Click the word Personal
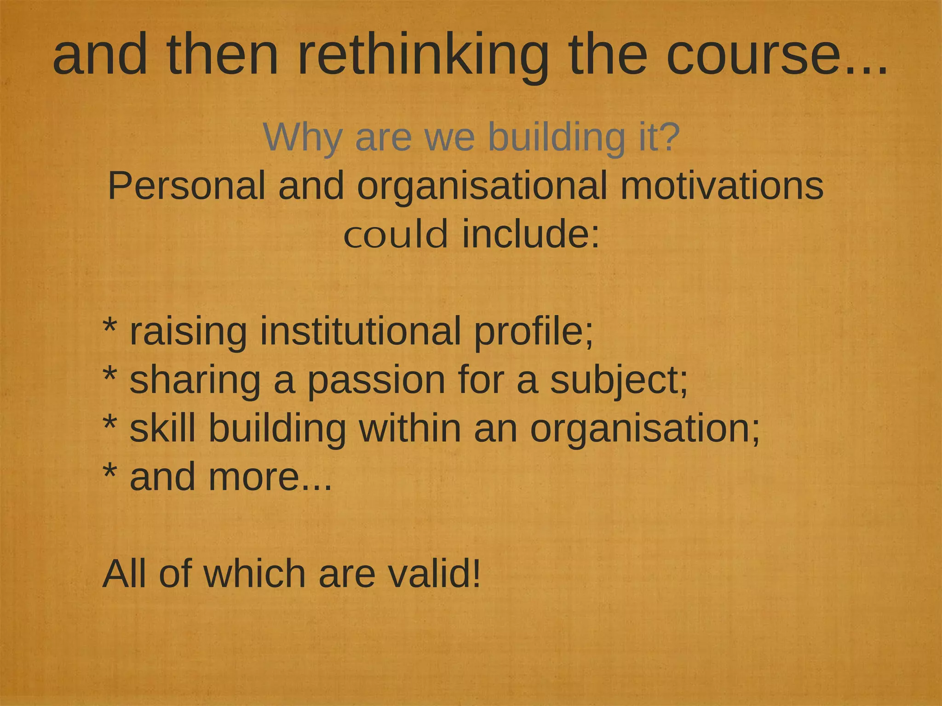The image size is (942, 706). click(x=186, y=186)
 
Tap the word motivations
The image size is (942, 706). click(x=722, y=186)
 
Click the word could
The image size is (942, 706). click(x=396, y=234)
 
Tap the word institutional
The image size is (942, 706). click(x=360, y=332)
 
